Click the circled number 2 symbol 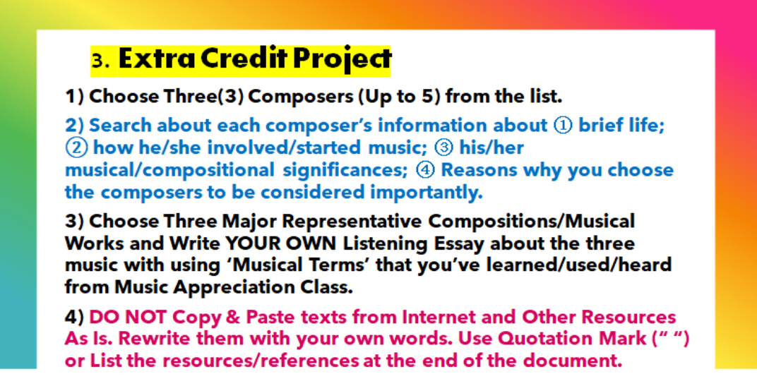74,148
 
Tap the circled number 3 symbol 443,148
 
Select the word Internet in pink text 436,318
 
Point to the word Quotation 544,339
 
